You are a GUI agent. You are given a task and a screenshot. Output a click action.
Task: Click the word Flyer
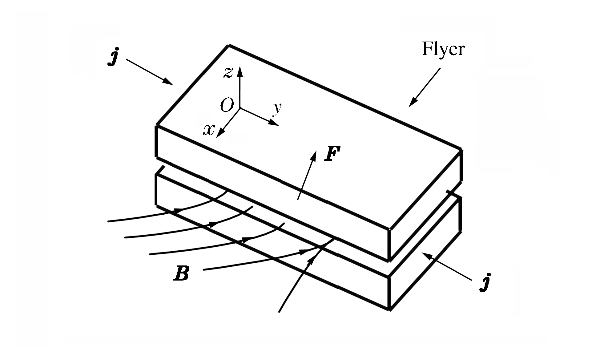pos(443,49)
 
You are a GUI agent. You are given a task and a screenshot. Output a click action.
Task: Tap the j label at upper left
pos(113,58)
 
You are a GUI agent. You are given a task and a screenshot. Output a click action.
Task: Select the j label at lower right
pos(485,282)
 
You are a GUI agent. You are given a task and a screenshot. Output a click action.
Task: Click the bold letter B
pos(181,274)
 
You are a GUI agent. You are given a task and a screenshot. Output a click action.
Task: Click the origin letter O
pos(227,106)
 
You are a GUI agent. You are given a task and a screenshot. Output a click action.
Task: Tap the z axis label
pos(228,73)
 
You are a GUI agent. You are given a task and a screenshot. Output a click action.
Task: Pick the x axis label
pos(209,130)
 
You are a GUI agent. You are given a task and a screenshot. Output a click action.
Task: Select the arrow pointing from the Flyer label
pos(425,87)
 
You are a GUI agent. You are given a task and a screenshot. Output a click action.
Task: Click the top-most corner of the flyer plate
pos(229,46)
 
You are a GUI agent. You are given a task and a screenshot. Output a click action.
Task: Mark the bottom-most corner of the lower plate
pos(390,309)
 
